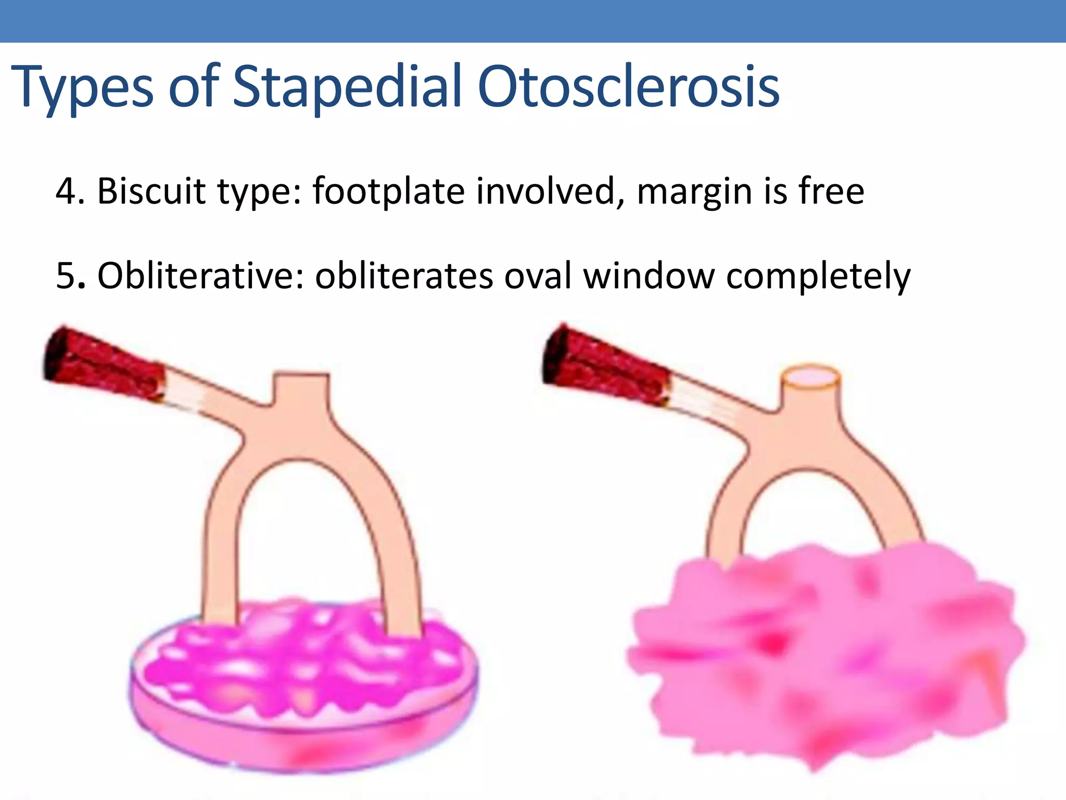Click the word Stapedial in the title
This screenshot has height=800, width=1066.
(346, 87)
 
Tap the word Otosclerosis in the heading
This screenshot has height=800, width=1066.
(628, 87)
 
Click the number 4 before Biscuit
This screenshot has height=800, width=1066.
(67, 191)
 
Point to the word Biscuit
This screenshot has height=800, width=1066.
(151, 191)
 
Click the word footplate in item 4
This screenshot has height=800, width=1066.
(388, 191)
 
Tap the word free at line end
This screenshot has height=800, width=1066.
(831, 191)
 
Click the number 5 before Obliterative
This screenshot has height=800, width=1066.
(67, 276)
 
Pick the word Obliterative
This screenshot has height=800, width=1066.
(200, 276)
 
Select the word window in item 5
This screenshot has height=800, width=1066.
(649, 276)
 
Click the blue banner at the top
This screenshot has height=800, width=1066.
(533, 21)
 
